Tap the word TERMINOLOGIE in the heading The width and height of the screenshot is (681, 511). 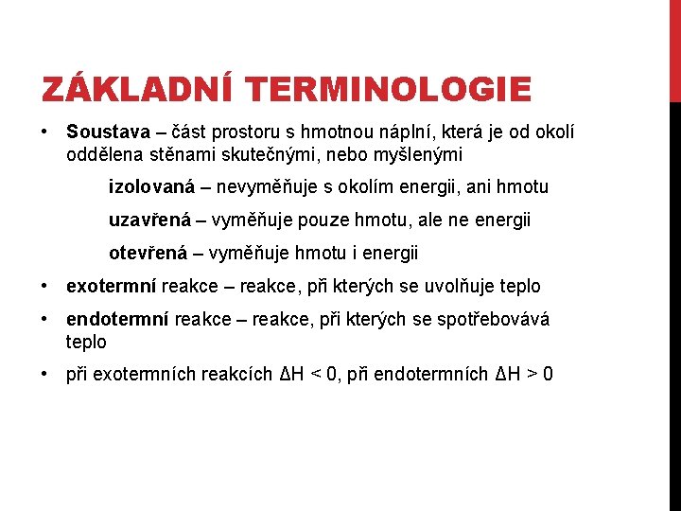pyautogui.click(x=388, y=90)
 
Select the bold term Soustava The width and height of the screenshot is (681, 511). pyautogui.click(x=104, y=130)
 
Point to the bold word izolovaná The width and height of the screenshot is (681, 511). pyautogui.click(x=149, y=187)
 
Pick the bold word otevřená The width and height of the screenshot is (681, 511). pyautogui.click(x=148, y=254)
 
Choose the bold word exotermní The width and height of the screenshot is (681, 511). pyautogui.click(x=112, y=286)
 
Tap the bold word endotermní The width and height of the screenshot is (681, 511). pyautogui.click(x=116, y=319)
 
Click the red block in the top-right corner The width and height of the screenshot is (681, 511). pyautogui.click(x=674, y=51)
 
